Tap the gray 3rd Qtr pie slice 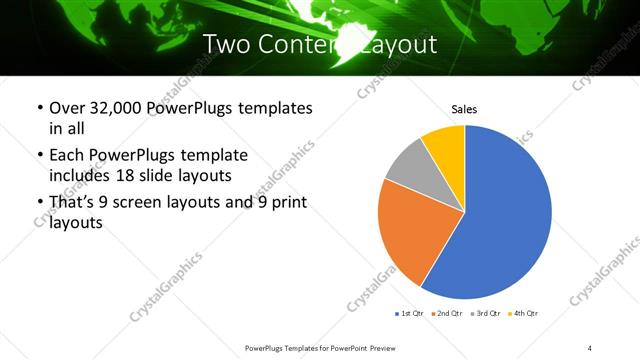tap(408, 167)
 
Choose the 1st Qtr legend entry tap(410, 313)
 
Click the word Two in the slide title tap(228, 45)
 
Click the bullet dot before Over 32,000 tap(39, 108)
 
